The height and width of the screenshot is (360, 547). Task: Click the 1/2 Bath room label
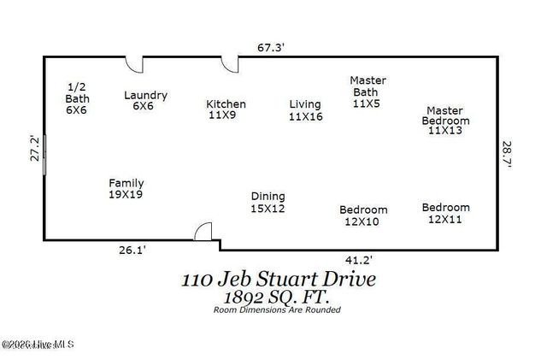77,97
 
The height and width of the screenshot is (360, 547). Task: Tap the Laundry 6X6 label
145,101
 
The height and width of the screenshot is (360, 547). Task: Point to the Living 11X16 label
305,110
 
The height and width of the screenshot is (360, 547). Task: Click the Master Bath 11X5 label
368,91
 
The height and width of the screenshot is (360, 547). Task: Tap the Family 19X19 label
126,188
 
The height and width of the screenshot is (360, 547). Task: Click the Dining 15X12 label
267,202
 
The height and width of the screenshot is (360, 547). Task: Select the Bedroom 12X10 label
363,215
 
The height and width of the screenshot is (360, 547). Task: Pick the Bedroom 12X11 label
445,213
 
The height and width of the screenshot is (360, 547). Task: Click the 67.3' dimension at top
271,48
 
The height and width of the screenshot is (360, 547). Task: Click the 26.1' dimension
132,251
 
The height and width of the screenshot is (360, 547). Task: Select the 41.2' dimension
358,259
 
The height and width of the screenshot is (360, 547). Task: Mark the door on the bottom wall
203,232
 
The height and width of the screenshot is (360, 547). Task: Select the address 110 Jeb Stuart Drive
278,279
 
